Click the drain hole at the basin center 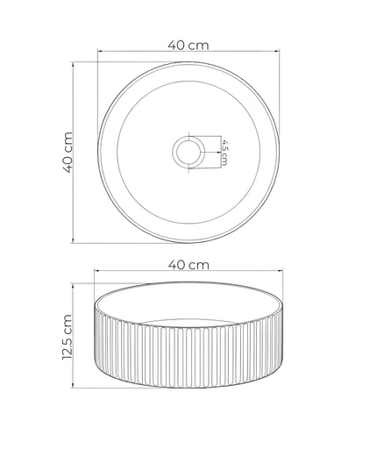188,152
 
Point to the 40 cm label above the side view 188,264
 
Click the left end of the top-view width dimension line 97,54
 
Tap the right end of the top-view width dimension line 281,54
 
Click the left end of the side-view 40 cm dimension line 95,272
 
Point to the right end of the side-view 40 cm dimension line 281,272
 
